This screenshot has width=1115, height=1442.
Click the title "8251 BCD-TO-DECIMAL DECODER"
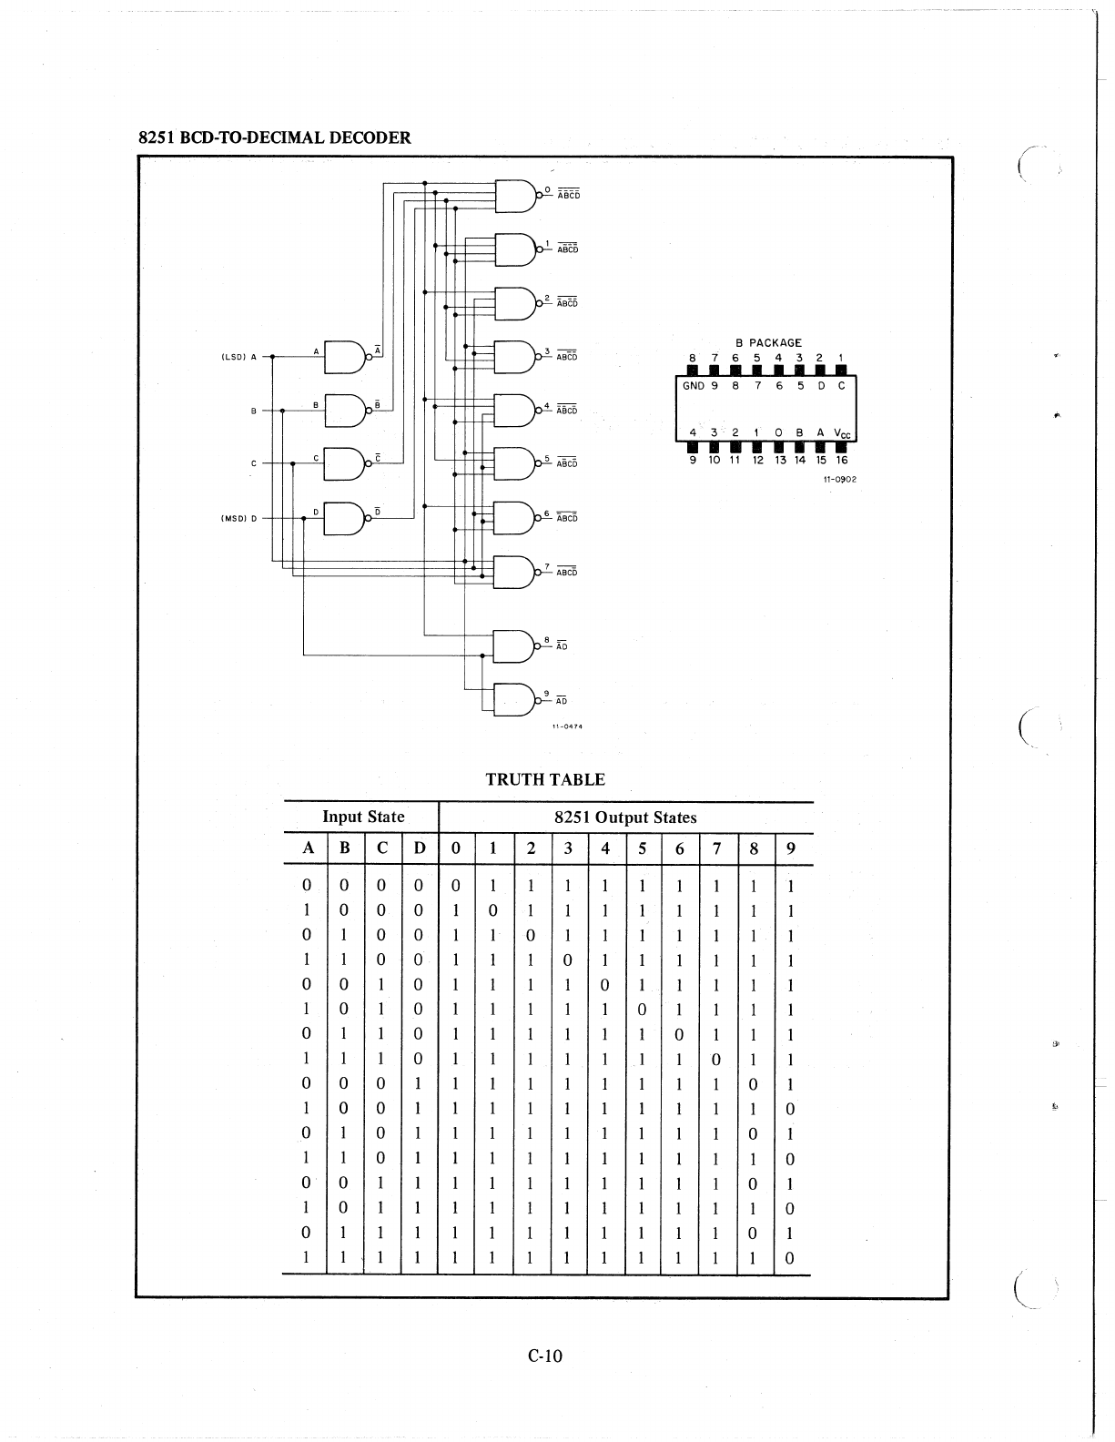pyautogui.click(x=274, y=138)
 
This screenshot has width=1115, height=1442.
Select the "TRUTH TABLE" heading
pyautogui.click(x=544, y=779)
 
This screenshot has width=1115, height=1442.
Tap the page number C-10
pyautogui.click(x=545, y=1356)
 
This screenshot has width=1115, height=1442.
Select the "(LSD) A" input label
pyautogui.click(x=239, y=357)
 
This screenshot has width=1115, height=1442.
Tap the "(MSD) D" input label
pyautogui.click(x=239, y=519)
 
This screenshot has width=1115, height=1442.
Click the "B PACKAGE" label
pyautogui.click(x=768, y=343)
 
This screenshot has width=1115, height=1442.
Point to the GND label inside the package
pyautogui.click(x=694, y=386)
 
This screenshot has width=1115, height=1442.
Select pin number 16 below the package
pyautogui.click(x=842, y=461)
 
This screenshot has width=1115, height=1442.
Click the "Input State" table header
pyautogui.click(x=363, y=817)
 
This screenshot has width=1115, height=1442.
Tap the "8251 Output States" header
pyautogui.click(x=625, y=817)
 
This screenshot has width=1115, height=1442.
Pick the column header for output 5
pyautogui.click(x=642, y=849)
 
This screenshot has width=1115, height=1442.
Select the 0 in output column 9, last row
pyautogui.click(x=790, y=1258)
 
